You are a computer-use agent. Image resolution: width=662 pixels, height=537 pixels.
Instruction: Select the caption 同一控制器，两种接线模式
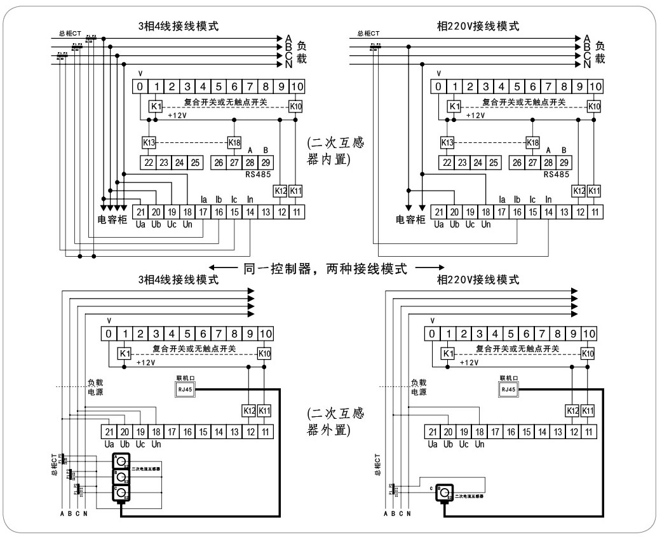coord(325,268)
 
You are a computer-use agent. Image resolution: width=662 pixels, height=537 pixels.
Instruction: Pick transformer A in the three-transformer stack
coord(121,461)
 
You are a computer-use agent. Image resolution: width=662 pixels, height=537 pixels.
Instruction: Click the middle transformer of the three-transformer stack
coord(121,477)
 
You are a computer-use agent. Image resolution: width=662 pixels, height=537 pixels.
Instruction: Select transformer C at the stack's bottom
coord(121,493)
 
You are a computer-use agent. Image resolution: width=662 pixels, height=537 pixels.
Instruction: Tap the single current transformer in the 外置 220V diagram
coord(445,493)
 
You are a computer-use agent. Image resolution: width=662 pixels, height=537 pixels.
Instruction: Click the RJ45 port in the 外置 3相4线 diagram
coord(186,390)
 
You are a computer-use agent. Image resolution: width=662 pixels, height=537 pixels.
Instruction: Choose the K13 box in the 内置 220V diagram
coord(447,142)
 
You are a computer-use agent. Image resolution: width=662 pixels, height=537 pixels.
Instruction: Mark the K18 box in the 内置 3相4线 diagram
coord(234,142)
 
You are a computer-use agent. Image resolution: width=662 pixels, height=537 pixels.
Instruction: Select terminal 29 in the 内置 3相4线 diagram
coord(266,163)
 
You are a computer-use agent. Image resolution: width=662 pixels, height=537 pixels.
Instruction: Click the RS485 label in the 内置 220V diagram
coord(557,173)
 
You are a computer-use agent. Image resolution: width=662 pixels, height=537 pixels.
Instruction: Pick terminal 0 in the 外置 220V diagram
coord(433,334)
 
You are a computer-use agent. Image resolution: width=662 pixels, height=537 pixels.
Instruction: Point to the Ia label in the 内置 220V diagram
coord(503,200)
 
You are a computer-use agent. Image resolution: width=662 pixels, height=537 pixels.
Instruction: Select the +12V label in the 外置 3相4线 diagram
coord(146,362)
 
